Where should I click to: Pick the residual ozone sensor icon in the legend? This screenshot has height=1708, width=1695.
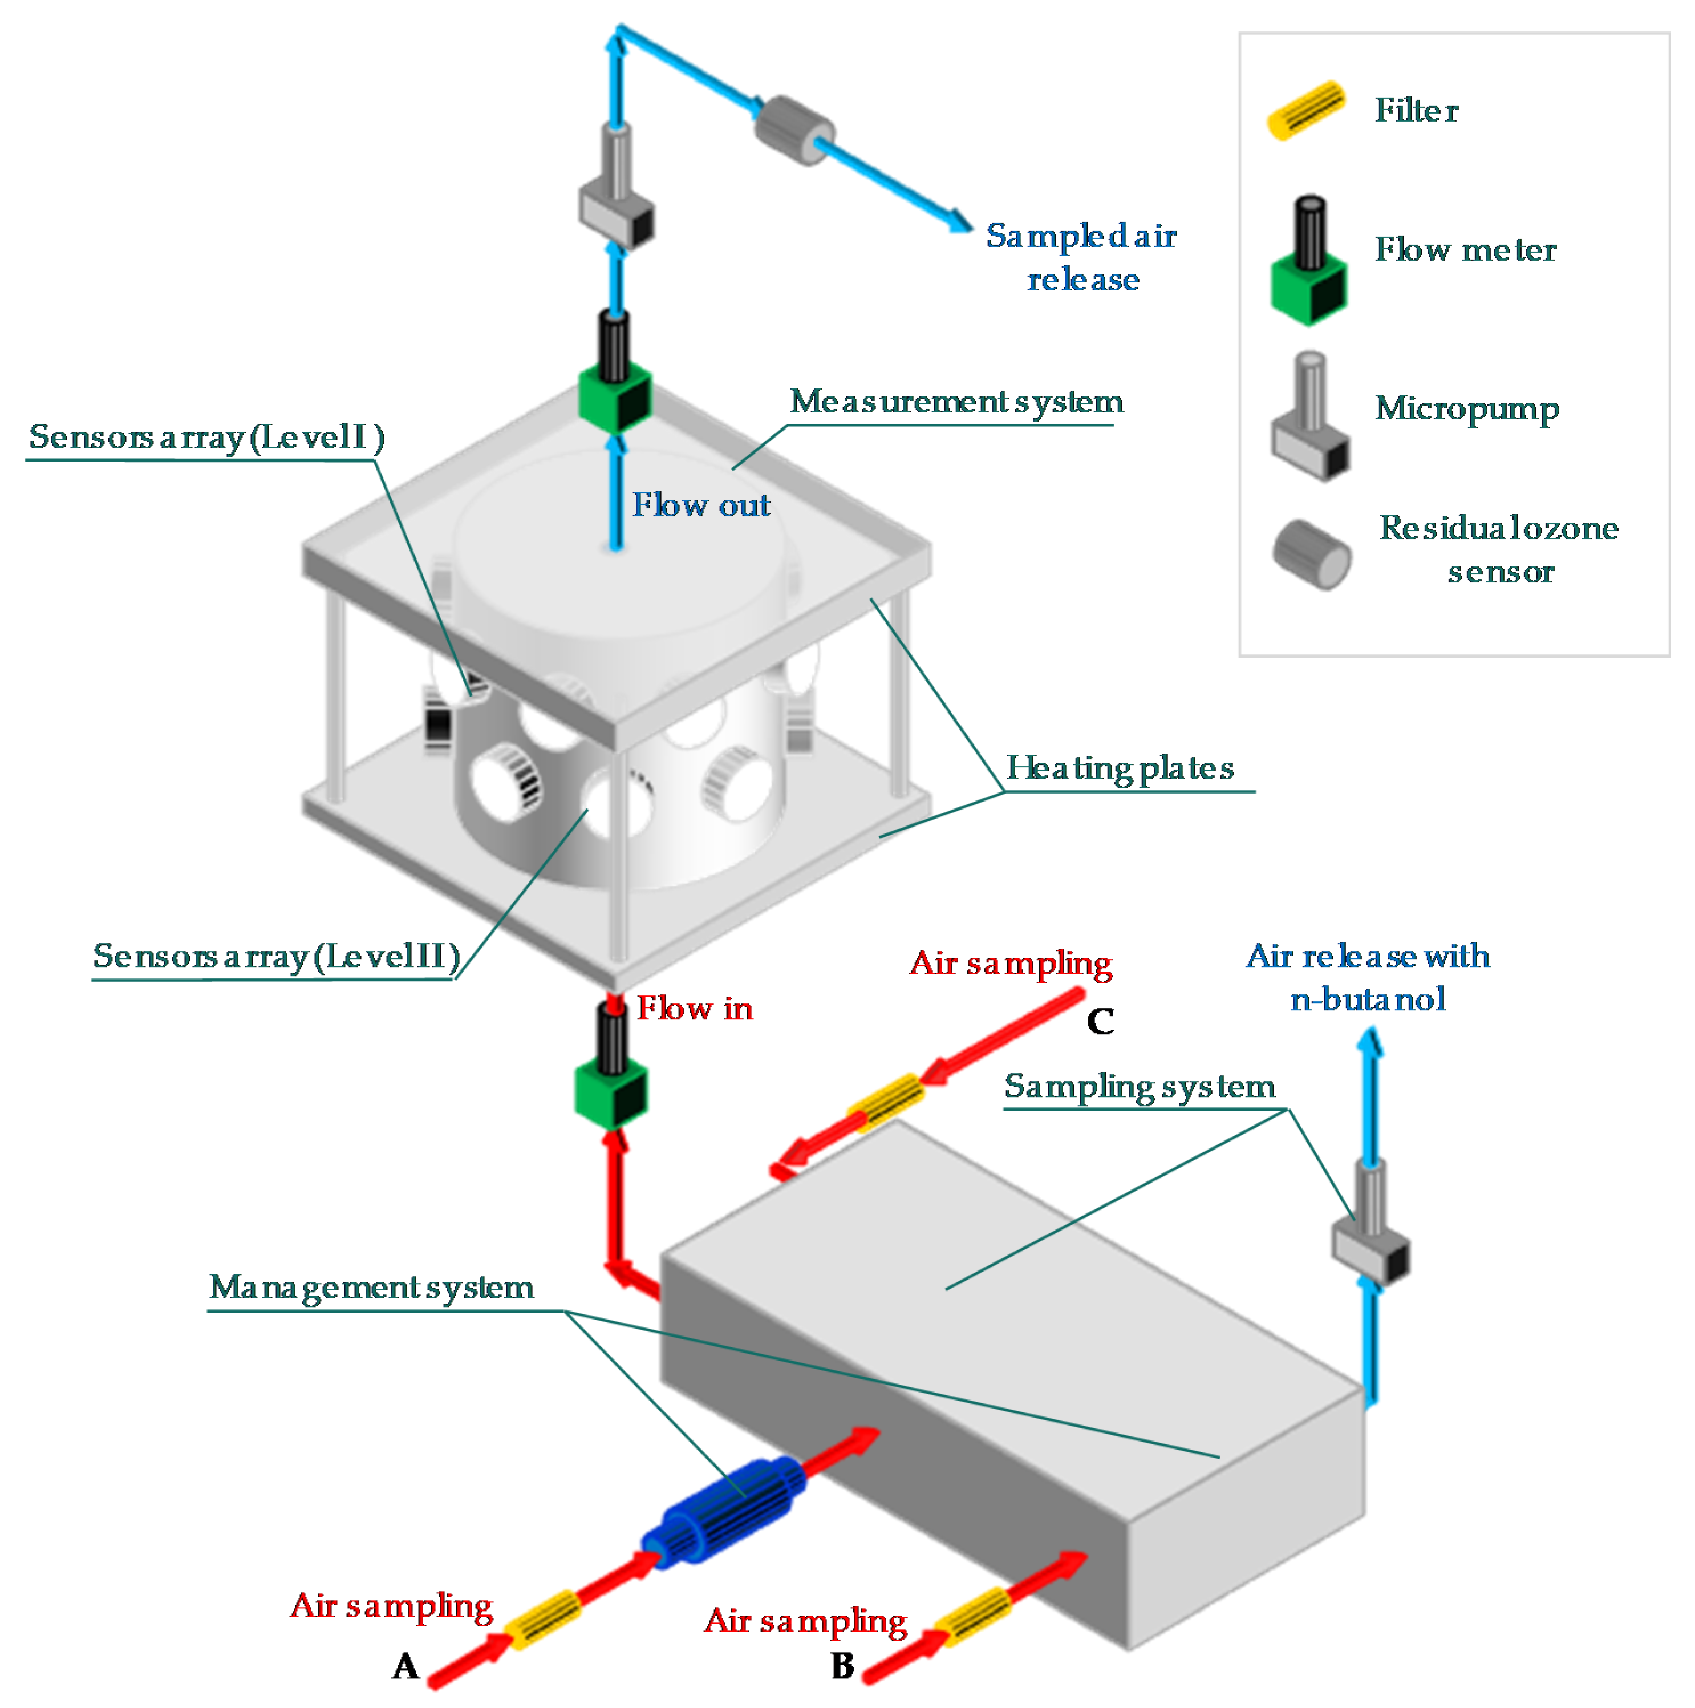click(x=1312, y=555)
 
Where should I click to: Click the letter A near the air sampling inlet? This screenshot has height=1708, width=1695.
click(x=405, y=1666)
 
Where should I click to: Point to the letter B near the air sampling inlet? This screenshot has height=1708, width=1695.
click(x=842, y=1666)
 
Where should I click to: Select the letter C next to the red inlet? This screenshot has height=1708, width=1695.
click(x=1100, y=1021)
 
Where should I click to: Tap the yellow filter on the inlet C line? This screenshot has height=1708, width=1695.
click(x=886, y=1102)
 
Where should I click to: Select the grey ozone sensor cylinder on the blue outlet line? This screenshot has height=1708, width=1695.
click(x=793, y=130)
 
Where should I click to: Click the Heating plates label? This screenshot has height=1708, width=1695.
click(x=1120, y=767)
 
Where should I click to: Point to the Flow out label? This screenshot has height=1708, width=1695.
click(x=701, y=505)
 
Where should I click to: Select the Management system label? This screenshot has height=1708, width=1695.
click(x=371, y=1287)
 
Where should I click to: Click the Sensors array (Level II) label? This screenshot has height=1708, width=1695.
click(x=277, y=956)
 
